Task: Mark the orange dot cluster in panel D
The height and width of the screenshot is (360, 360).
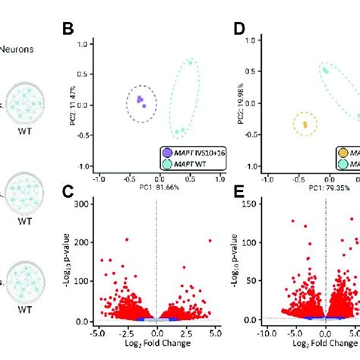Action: [305, 123]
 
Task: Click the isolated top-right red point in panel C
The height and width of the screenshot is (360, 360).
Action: [210, 241]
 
